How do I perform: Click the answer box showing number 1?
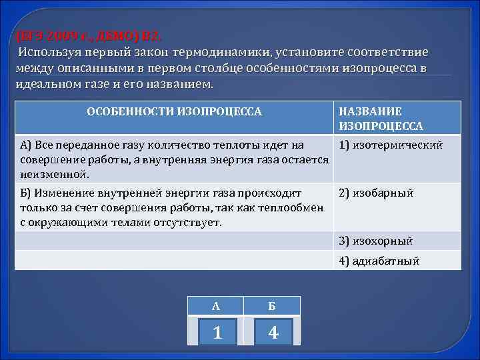217,331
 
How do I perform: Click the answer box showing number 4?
273,331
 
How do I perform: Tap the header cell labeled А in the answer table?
216,306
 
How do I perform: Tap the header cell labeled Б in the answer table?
273,306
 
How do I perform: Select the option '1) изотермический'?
390,145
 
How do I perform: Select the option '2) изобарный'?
376,193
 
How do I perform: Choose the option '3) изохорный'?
376,241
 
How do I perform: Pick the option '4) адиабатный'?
379,261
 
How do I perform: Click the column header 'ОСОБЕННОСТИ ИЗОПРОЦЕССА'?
175,112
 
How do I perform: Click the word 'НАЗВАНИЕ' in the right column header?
370,112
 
